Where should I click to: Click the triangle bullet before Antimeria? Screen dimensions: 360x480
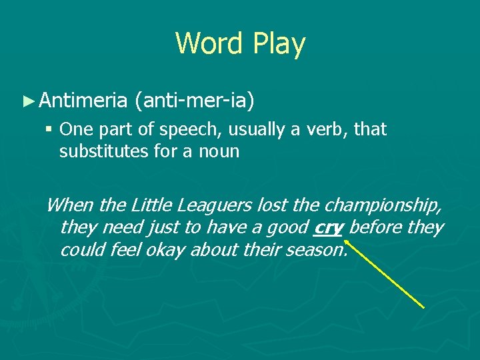(x=27, y=101)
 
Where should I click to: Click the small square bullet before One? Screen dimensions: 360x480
(x=51, y=129)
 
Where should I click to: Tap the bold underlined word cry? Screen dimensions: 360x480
(x=327, y=228)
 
